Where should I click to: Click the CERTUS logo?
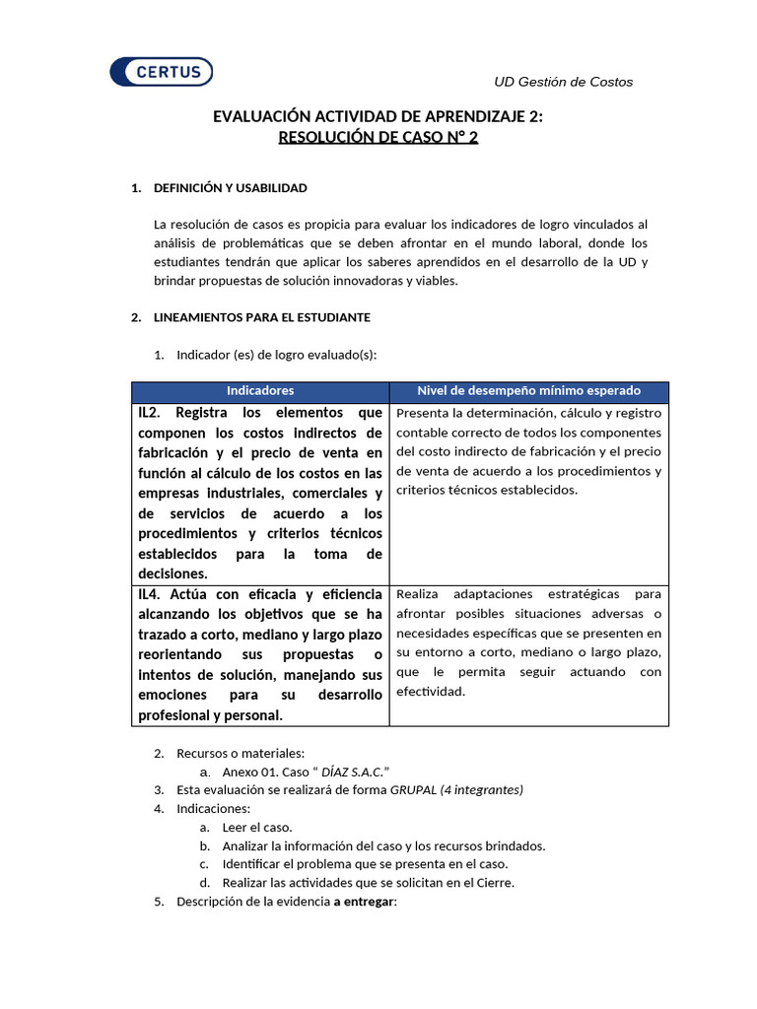161,72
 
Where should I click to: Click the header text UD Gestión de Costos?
563,82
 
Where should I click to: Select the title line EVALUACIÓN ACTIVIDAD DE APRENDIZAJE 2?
378,117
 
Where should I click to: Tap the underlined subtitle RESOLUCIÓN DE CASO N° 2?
378,138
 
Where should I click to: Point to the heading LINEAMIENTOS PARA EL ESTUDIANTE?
261,317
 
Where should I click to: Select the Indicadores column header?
260,391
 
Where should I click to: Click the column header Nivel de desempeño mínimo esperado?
528,391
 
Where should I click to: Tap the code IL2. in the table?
157,413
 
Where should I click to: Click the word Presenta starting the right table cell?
423,413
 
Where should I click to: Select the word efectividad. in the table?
430,692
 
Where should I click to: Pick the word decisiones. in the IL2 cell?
173,573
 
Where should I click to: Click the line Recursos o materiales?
241,754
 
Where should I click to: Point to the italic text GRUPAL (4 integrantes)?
456,790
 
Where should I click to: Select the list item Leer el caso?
256,828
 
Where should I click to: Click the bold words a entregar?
363,902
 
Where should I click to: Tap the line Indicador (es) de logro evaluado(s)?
276,355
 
